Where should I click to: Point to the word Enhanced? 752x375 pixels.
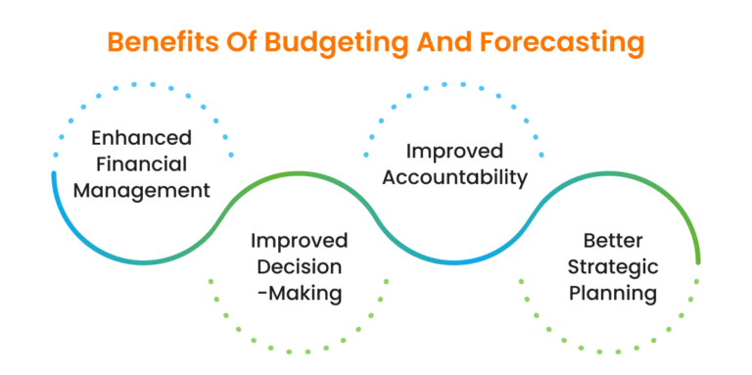tap(143, 138)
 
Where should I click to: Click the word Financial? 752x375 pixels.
tap(143, 164)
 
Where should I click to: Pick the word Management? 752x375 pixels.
tap(143, 189)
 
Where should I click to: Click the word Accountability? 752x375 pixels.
tap(455, 177)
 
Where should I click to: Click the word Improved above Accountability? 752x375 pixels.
tap(455, 152)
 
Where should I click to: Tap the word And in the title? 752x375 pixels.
tap(444, 43)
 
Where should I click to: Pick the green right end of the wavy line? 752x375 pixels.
tap(697, 258)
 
